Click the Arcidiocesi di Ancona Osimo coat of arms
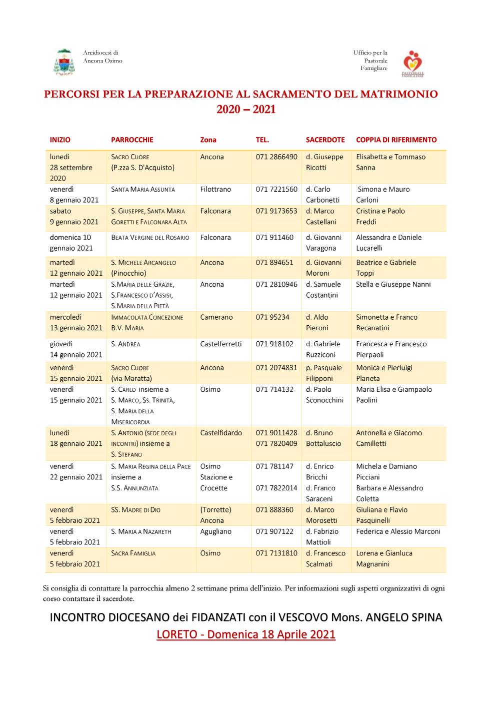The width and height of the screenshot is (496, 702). click(63, 62)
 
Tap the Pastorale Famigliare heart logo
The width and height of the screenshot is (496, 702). click(413, 63)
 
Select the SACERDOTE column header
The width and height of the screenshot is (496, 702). click(325, 140)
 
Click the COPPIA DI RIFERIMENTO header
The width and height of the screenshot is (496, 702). click(396, 140)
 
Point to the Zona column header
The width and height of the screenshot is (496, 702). click(208, 140)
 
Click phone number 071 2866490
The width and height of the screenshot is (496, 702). click(276, 157)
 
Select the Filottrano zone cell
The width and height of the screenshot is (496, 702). click(215, 190)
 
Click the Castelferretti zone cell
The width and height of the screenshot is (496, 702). click(220, 344)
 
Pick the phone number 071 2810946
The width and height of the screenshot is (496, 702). click(276, 285)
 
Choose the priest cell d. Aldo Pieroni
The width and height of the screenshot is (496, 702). click(317, 323)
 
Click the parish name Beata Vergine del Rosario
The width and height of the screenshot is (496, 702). click(150, 238)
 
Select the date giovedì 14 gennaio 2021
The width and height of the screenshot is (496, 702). click(76, 349)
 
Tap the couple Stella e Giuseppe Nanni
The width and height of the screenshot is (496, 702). click(393, 285)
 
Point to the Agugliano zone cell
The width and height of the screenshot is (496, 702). click(215, 532)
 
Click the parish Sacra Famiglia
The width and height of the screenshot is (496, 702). click(133, 553)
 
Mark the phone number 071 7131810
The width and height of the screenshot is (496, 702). click(276, 553)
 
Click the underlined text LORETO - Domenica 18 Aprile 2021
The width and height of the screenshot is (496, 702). click(245, 634)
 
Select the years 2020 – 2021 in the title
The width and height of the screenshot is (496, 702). click(246, 110)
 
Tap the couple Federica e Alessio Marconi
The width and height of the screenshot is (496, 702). click(398, 532)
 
